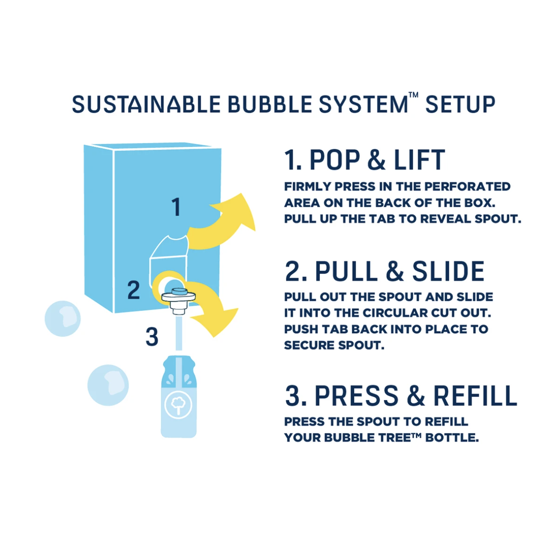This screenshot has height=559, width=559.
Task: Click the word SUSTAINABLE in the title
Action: (146, 105)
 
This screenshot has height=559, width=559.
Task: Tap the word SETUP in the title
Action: (460, 105)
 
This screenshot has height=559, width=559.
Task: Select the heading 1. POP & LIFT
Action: (365, 160)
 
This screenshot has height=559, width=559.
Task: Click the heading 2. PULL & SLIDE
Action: (385, 271)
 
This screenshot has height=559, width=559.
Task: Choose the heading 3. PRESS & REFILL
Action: (401, 395)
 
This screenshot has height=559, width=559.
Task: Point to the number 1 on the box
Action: (176, 207)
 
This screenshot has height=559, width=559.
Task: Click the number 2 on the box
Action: (134, 289)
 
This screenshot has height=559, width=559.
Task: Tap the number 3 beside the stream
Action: (152, 337)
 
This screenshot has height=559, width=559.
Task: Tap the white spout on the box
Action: (179, 301)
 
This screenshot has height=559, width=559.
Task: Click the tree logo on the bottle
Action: (178, 404)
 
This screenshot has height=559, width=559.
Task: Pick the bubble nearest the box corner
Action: (63, 318)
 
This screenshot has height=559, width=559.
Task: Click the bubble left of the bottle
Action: (108, 385)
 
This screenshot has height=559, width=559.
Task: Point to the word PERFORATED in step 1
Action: (467, 186)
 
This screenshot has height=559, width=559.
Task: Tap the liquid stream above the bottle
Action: (179, 333)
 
